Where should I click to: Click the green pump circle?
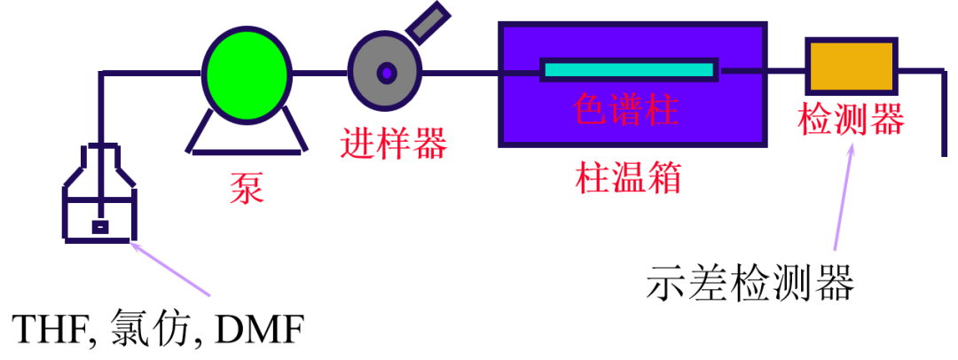click(247, 74)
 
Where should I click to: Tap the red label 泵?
click(247, 188)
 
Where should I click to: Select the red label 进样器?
click(393, 143)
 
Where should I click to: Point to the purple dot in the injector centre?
click(387, 73)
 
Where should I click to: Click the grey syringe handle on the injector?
click(428, 22)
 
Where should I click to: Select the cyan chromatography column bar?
click(628, 69)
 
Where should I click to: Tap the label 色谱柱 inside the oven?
click(626, 110)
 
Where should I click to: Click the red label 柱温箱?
click(628, 177)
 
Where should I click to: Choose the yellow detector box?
click(851, 67)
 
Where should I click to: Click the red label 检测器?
click(851, 119)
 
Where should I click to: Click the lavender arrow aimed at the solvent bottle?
click(170, 269)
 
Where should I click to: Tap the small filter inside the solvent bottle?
click(100, 227)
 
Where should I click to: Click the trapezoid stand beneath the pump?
click(247, 137)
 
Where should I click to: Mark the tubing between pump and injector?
click(319, 73)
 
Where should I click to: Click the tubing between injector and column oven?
click(461, 73)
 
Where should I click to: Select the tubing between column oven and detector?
click(785, 70)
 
